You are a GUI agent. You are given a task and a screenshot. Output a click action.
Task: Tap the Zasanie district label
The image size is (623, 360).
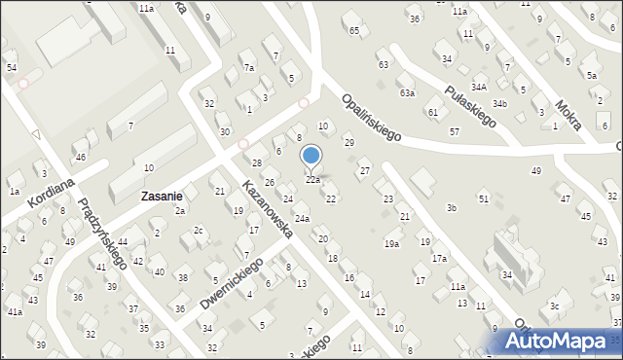click(163, 196)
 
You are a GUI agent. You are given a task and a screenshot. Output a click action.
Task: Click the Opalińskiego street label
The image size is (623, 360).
click(371, 118)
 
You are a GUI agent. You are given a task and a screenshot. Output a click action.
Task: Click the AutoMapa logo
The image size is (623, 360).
click(563, 341)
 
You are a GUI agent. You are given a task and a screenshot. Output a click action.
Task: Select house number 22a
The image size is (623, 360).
click(312, 180)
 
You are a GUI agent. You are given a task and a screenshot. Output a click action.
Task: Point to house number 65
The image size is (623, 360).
click(354, 31)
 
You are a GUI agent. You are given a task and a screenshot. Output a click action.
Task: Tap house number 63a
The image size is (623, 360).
click(407, 93)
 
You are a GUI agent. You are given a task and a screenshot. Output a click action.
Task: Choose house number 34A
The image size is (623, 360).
click(479, 87)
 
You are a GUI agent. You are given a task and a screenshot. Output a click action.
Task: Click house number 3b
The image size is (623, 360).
click(451, 208)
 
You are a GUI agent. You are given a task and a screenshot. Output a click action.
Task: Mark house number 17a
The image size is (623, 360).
click(440, 258)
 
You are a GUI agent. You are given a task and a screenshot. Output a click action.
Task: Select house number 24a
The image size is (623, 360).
click(302, 219)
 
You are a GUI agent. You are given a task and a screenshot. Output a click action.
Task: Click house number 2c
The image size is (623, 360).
click(198, 231)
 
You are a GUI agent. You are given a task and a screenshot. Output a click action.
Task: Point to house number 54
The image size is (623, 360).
click(11, 67)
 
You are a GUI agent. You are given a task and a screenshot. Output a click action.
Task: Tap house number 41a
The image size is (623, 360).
click(15, 311)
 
